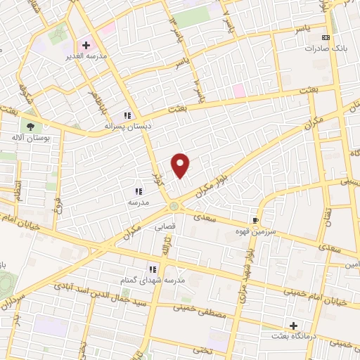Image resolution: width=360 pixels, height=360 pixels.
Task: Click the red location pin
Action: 181,165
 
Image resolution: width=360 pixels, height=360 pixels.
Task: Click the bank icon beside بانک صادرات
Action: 324,37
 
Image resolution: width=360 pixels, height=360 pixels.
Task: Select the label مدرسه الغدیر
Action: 86,56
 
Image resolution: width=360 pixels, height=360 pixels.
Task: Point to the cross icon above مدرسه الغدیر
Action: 86,45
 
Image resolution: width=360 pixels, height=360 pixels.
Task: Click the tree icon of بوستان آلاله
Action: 30,126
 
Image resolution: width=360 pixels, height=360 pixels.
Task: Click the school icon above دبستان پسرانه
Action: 127,115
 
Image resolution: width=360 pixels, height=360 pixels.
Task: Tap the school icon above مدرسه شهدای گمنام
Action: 152,269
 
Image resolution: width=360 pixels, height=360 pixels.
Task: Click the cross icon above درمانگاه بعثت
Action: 293,326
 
